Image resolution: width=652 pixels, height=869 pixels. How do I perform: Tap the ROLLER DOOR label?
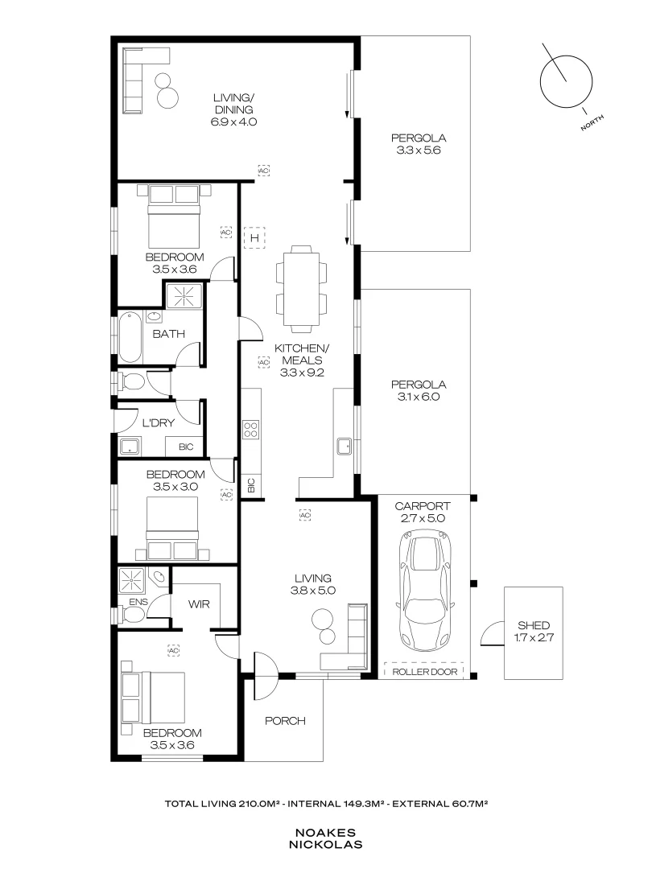425,672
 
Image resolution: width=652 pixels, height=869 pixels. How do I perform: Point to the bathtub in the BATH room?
130,339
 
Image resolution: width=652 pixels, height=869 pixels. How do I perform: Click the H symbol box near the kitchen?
254,237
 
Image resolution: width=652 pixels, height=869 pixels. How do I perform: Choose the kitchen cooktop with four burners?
250,430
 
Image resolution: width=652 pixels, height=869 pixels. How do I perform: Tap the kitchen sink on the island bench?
345,446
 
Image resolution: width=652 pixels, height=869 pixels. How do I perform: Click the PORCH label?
285,721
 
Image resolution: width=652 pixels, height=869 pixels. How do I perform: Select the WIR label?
200,602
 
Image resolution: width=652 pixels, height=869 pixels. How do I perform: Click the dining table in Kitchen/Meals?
302,289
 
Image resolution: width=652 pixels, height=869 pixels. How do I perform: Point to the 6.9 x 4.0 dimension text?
233,122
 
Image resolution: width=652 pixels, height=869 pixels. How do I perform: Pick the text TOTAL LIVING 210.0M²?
223,803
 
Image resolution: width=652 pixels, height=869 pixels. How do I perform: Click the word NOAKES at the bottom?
326,833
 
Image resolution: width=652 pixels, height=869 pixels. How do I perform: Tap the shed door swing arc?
488,636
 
